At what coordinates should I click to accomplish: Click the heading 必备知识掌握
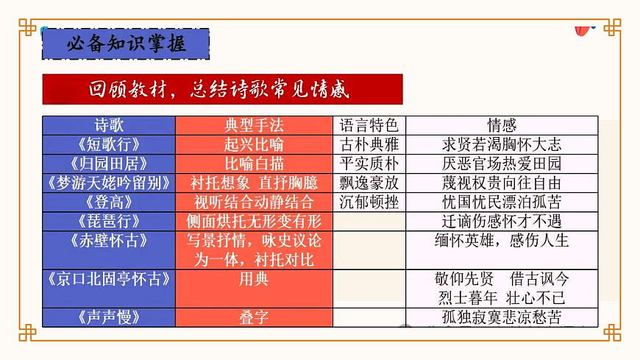point(126,43)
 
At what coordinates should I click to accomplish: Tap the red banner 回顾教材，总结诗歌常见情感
point(222,89)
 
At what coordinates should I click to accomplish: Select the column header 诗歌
point(109,125)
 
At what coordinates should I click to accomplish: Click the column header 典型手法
point(254,125)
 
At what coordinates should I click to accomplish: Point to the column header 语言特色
point(369,125)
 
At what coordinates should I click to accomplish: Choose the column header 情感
point(502,125)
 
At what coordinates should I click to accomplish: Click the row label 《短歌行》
point(109,144)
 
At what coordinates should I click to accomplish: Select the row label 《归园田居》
point(109,163)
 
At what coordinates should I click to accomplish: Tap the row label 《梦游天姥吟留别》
point(109,183)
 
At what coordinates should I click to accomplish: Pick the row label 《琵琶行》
point(109,221)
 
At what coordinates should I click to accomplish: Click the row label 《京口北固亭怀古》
point(109,279)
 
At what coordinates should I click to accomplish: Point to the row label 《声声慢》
point(109,317)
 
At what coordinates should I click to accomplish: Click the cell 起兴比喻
point(254,144)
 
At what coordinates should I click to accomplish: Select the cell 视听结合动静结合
point(254,202)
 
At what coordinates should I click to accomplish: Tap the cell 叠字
point(254,317)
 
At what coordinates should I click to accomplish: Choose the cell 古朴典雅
point(369,144)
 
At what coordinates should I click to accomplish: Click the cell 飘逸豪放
point(369,183)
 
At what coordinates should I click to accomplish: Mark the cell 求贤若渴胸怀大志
point(502,144)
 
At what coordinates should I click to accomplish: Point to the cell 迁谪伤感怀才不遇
point(502,221)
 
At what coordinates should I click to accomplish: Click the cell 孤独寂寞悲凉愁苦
point(502,317)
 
